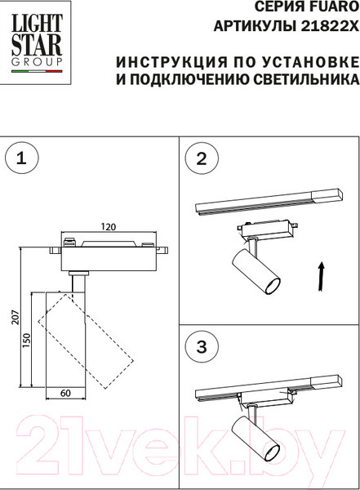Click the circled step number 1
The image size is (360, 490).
pos(21,158)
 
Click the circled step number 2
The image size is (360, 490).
pos(202,158)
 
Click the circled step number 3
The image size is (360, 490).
pos(202,346)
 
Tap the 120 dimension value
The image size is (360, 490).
pos(108,226)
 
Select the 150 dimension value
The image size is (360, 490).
pos(27,341)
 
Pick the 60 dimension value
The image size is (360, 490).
pos(65,393)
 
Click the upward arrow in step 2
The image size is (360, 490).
pos(321,277)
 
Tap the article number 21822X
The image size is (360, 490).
pos(330,27)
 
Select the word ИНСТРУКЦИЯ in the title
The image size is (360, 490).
pos(171,62)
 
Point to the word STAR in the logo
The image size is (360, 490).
pos(37,45)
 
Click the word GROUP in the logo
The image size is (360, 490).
pos(37,62)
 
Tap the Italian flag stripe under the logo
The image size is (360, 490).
pos(37,71)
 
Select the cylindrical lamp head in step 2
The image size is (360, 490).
pos(256,271)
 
